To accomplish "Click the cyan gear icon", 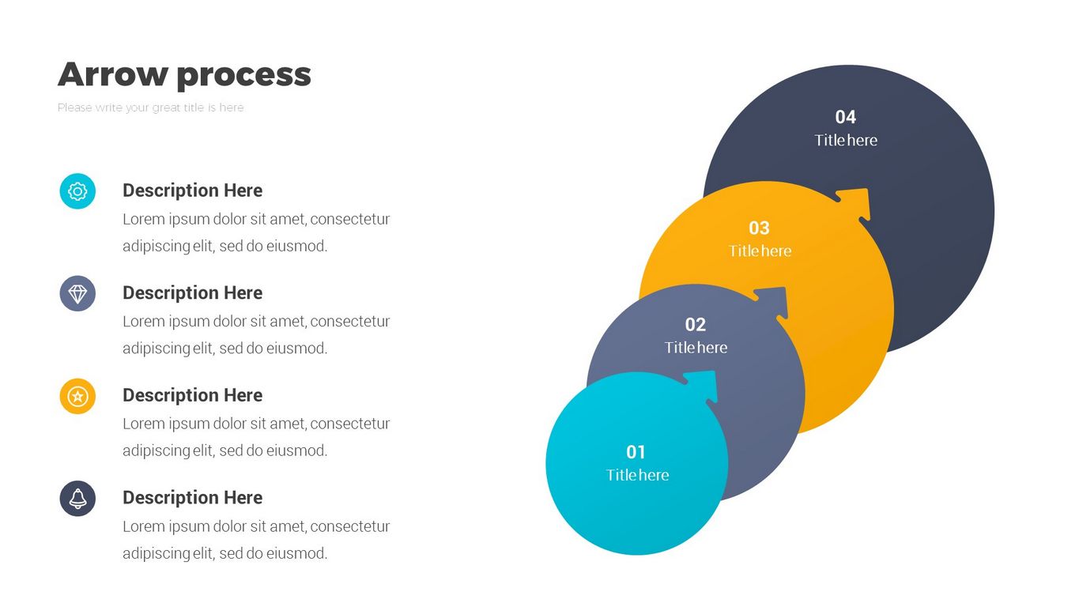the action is [x=77, y=191].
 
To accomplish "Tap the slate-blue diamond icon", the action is [x=77, y=293].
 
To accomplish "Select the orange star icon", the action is [x=77, y=396].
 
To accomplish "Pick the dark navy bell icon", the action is [x=77, y=498].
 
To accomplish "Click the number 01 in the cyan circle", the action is [x=636, y=452].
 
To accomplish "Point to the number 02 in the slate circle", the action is [x=696, y=325].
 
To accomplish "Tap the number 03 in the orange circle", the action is [x=759, y=228].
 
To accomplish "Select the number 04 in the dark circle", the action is [x=845, y=117].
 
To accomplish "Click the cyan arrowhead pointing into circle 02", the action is [x=704, y=386].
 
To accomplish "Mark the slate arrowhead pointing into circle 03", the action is [x=774, y=302].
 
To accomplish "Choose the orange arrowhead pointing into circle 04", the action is [x=855, y=203].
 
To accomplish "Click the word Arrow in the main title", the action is [x=113, y=74].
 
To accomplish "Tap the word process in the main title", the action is [x=244, y=76].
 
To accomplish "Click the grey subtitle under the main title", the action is [x=150, y=107].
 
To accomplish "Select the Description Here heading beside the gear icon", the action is [x=193, y=190].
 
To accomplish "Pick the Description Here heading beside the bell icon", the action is [x=193, y=497].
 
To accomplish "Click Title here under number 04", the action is [x=846, y=140].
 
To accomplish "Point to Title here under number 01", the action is [x=637, y=475].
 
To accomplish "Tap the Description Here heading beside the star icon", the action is [x=193, y=395].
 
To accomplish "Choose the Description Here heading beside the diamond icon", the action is [x=193, y=292].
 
